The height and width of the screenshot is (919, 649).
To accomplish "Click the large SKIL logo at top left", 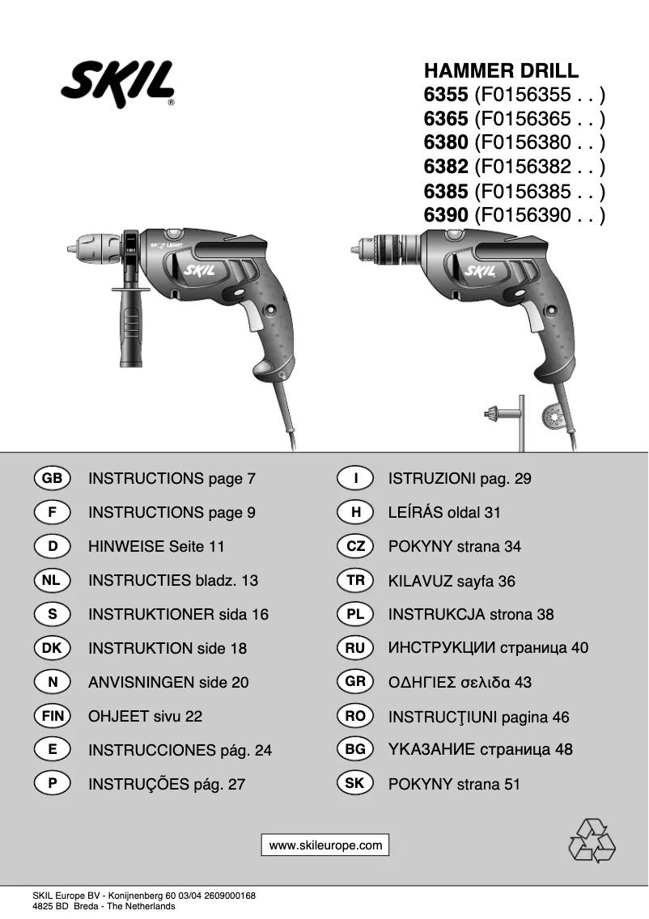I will (117, 83).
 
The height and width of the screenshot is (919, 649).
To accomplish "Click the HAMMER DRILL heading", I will (502, 70).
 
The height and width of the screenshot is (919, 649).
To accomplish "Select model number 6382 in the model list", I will (446, 167).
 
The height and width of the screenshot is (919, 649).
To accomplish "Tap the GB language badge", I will (53, 478).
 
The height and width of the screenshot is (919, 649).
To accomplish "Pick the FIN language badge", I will (53, 716).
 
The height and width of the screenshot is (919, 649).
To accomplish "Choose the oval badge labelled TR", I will (355, 581).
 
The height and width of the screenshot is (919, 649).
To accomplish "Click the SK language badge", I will (355, 784).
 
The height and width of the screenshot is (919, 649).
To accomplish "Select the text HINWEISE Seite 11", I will (156, 547).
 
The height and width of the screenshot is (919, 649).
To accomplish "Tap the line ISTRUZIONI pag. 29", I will (460, 479).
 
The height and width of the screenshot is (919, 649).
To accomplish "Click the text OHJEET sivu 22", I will (145, 716).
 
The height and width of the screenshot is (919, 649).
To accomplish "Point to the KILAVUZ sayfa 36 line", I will (452, 581).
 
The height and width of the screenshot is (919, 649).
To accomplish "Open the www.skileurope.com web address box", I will (325, 845).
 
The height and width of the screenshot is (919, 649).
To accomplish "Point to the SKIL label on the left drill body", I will (197, 271).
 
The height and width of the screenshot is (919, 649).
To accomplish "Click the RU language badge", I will (355, 648).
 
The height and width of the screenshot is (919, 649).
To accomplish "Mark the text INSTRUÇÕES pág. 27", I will (166, 784).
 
